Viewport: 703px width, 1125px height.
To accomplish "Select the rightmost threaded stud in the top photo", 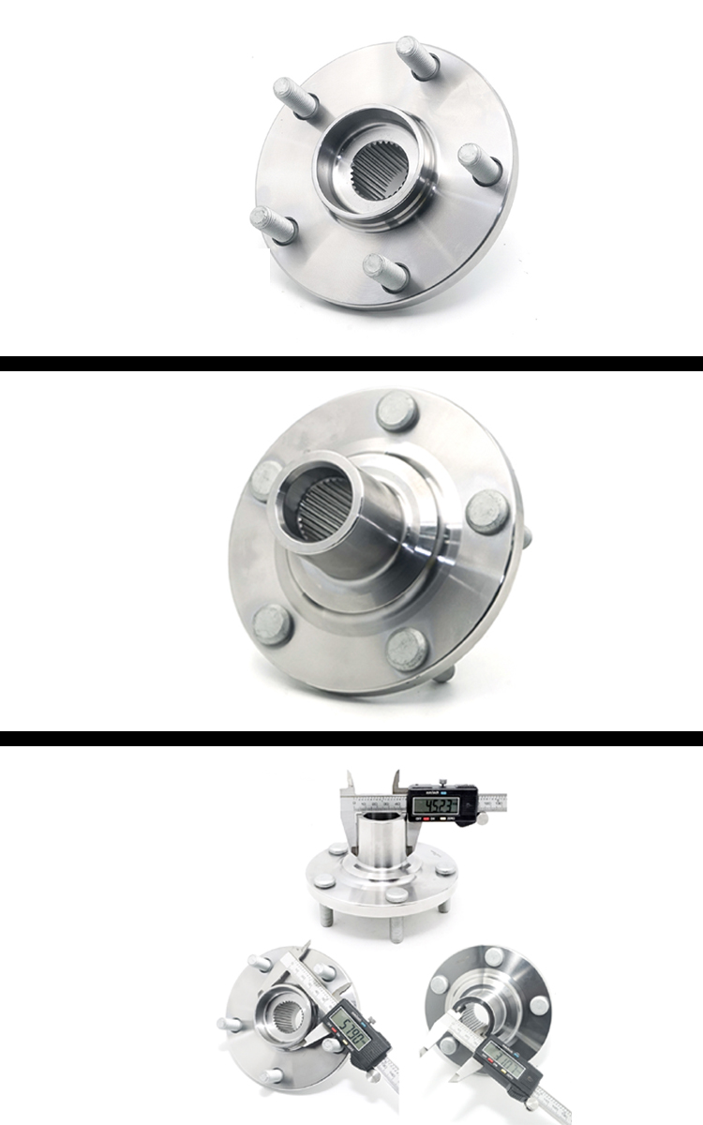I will click(480, 164).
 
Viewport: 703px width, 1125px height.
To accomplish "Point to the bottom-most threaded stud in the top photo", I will click(386, 272).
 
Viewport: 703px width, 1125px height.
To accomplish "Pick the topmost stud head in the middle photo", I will click(396, 411).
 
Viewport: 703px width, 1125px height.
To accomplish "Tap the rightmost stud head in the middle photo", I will click(487, 511).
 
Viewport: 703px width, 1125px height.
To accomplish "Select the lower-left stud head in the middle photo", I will click(272, 623).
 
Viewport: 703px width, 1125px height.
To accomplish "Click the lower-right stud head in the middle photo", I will click(408, 649).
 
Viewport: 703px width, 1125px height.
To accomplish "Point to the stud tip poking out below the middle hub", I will click(443, 673).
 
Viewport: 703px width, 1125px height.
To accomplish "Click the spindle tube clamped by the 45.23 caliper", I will click(380, 839).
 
